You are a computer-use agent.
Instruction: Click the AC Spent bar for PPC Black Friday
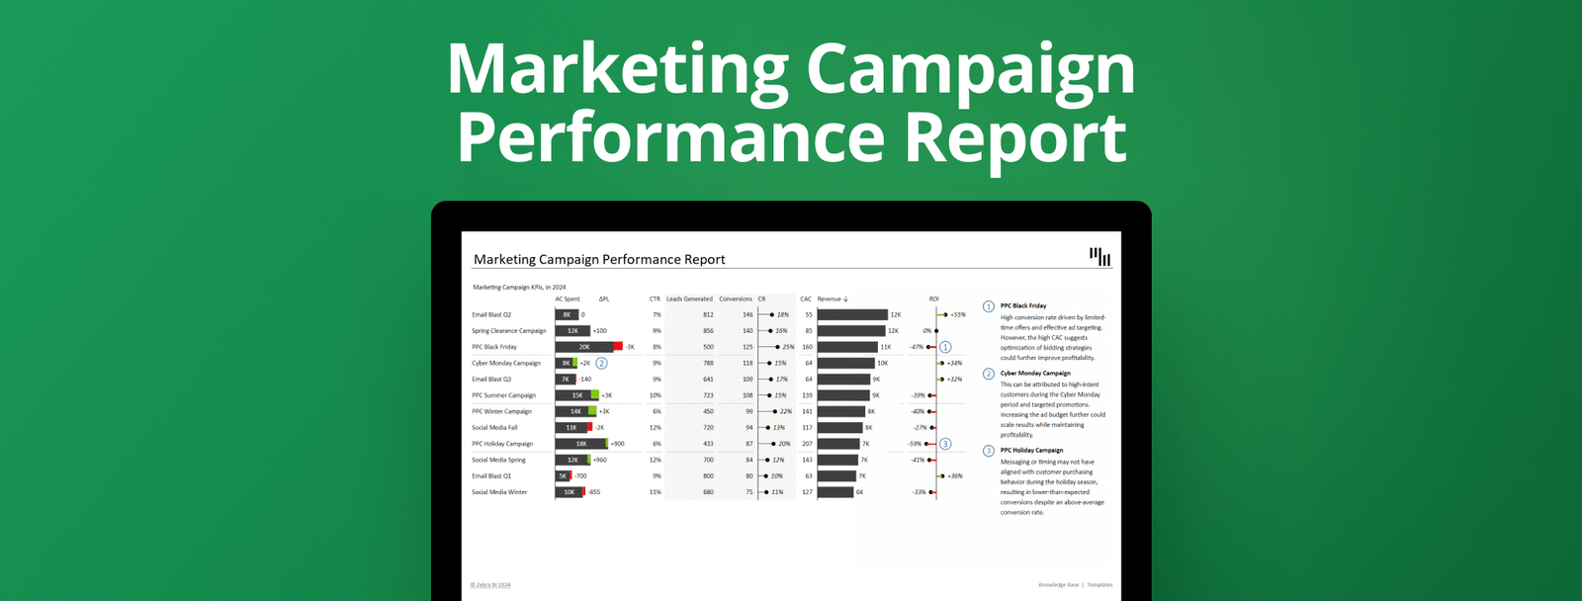(x=584, y=347)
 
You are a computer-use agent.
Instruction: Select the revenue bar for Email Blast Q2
(x=852, y=314)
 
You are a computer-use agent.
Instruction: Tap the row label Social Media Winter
(x=499, y=492)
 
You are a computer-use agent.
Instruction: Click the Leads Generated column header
(x=689, y=299)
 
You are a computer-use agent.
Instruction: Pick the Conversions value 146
(x=747, y=314)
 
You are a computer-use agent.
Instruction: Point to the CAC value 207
(x=807, y=444)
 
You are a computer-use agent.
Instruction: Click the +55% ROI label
(x=957, y=314)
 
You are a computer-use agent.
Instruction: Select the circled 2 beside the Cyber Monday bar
(x=601, y=363)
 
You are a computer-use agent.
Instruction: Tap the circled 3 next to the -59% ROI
(x=945, y=444)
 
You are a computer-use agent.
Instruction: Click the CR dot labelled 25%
(x=776, y=347)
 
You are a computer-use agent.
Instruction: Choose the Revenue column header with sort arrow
(x=833, y=299)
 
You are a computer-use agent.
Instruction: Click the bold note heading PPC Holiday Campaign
(x=1031, y=450)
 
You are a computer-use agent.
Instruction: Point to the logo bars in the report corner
(x=1099, y=257)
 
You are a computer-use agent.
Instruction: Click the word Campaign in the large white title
(x=970, y=71)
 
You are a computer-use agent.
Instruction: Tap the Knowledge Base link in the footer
(x=1058, y=585)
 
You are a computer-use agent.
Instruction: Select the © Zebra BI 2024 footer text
(x=490, y=585)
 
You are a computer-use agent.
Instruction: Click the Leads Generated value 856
(x=708, y=331)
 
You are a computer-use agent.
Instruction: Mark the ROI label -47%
(x=917, y=347)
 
